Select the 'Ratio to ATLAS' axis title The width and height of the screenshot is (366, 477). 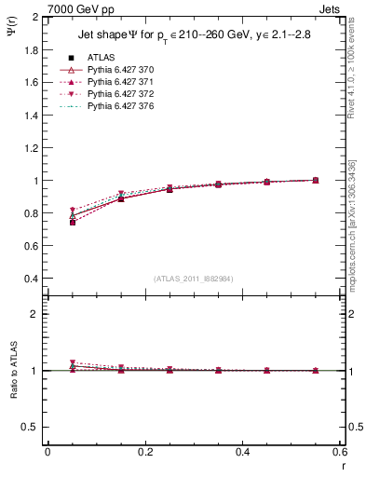(12, 370)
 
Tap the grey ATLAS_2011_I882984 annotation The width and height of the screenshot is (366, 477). (195, 279)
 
